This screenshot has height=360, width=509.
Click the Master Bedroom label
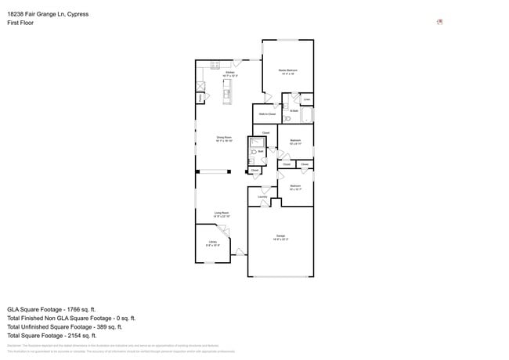pos(287,71)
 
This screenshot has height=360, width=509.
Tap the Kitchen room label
pos(229,74)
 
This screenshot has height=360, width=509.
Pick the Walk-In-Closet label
pos(267,114)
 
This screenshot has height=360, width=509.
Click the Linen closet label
pos(307,99)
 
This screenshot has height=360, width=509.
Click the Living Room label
pos(222,214)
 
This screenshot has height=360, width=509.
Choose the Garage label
pos(280,237)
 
